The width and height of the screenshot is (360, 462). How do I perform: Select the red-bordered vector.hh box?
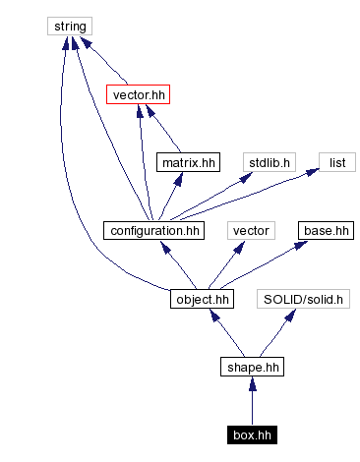tap(138, 94)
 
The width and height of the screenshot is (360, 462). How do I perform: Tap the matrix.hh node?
tap(187, 162)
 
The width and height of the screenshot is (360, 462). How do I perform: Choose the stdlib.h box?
tap(270, 162)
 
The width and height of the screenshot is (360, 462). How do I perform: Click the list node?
tap(335, 162)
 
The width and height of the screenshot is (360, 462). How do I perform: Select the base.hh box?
tap(326, 231)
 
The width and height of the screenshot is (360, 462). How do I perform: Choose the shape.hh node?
tap(251, 368)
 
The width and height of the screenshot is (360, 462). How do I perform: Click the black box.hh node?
tap(251, 434)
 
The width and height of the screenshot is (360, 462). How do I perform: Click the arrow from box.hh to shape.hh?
tap(251, 401)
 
